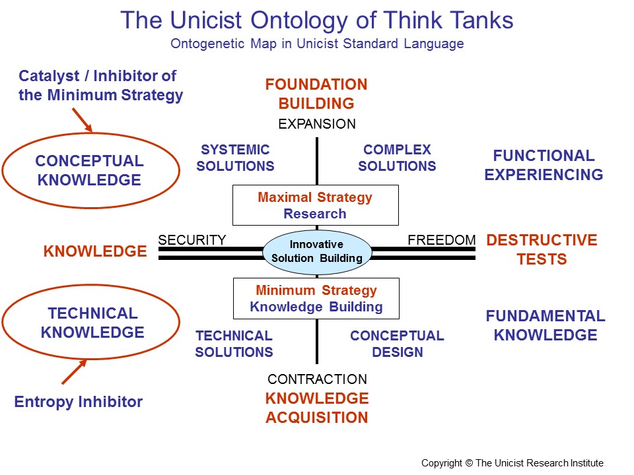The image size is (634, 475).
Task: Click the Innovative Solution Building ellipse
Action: pos(317,251)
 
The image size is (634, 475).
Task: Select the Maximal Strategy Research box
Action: pos(316,205)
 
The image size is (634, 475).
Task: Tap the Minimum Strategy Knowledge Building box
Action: pos(316,298)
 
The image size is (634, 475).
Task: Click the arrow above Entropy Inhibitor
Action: pos(73,371)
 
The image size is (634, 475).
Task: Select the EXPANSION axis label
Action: pos(317,124)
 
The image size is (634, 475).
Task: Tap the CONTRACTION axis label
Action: pos(317,379)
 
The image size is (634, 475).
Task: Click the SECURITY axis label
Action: pos(192,239)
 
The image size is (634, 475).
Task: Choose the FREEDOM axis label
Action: pos(441,239)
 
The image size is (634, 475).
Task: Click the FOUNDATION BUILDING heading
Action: pos(316,94)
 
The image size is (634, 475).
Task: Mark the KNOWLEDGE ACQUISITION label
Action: pos(317,408)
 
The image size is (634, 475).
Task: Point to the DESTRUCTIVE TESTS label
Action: pos(542,249)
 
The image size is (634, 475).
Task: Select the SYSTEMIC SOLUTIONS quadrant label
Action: pos(235,158)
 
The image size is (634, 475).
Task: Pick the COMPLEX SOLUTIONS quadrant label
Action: pos(397,158)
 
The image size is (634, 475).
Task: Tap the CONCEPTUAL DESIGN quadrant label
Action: pos(397,344)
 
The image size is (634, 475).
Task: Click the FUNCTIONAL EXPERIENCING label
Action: pos(544,165)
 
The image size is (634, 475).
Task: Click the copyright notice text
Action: pos(512,463)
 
